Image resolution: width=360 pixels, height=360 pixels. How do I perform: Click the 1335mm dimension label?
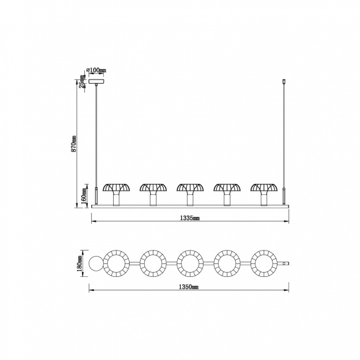[189, 218]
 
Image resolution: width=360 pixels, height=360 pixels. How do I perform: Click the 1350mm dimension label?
[188, 287]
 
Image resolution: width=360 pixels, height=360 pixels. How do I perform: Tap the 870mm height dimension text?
[74, 144]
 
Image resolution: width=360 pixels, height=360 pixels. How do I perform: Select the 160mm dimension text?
[84, 197]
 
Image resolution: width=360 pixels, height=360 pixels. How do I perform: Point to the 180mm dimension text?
[80, 263]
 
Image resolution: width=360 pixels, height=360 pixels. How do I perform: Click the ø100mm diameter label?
[96, 70]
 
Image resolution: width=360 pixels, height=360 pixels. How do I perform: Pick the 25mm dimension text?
[81, 82]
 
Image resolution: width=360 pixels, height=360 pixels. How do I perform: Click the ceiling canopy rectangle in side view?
[97, 81]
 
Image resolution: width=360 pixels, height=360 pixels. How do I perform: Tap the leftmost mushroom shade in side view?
[116, 188]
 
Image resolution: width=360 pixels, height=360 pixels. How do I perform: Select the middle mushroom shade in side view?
[190, 188]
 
